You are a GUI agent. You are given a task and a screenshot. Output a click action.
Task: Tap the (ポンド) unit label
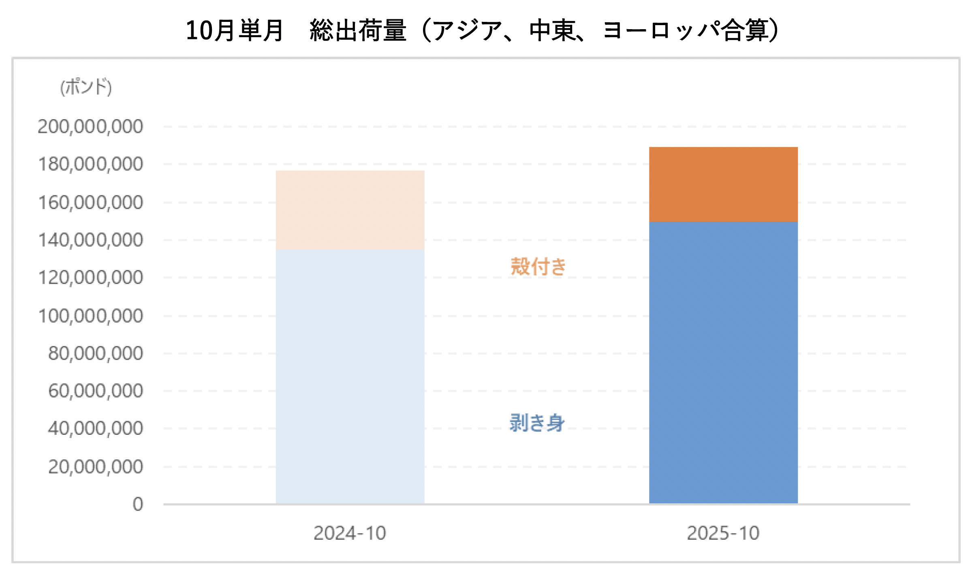click(86, 87)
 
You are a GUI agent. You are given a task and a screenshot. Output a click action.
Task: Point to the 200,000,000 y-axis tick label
click(90, 126)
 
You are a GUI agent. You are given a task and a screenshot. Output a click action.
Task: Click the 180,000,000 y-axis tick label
click(90, 164)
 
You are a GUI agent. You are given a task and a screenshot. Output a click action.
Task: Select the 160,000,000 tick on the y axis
click(90, 202)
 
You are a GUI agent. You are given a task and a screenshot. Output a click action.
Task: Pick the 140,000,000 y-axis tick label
click(90, 240)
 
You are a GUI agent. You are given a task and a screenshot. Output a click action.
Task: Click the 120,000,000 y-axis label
click(90, 278)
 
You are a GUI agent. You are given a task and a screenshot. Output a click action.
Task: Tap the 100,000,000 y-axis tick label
click(90, 316)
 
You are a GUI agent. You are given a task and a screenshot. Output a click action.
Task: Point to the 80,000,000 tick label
click(96, 353)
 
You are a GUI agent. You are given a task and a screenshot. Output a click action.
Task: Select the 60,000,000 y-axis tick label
click(96, 391)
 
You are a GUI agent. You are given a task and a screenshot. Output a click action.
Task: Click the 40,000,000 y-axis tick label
click(96, 428)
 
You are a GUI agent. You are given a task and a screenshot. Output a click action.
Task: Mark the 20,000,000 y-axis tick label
click(96, 466)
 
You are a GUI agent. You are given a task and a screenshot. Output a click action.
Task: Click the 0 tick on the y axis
click(138, 504)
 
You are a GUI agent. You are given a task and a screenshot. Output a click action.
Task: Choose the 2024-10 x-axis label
click(350, 533)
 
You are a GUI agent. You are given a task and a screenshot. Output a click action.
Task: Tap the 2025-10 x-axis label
click(723, 533)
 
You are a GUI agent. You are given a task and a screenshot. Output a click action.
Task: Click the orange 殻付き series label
click(538, 267)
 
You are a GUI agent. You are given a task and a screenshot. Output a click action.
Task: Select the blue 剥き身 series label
click(537, 423)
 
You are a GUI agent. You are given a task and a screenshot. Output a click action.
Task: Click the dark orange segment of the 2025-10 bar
click(723, 184)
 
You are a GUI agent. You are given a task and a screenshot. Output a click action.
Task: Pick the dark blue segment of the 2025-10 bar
click(723, 363)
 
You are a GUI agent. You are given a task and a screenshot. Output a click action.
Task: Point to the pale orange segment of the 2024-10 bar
click(350, 210)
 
